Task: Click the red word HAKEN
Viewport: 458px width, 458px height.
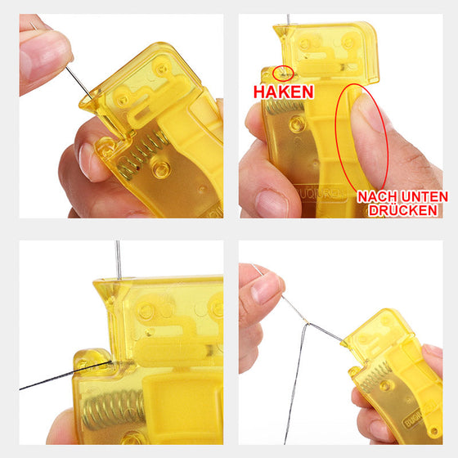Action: pyautogui.click(x=283, y=91)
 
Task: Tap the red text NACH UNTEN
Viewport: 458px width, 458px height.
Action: pyautogui.click(x=402, y=196)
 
